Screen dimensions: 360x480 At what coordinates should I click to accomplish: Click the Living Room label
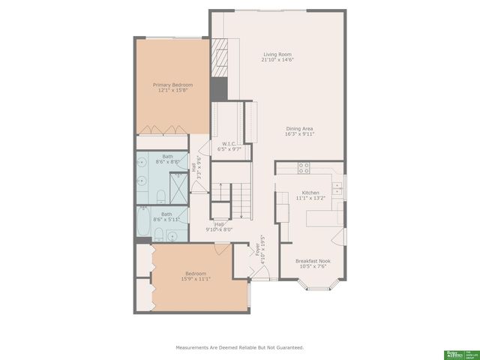click(277, 54)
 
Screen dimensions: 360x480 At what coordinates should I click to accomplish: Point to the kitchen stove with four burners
click(305, 168)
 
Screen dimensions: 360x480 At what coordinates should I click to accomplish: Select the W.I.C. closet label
click(229, 144)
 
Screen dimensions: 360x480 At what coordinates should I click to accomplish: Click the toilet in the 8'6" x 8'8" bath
click(161, 196)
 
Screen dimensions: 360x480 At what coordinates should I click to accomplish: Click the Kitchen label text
click(311, 193)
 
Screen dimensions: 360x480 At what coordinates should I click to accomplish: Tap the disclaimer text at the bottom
click(240, 347)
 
